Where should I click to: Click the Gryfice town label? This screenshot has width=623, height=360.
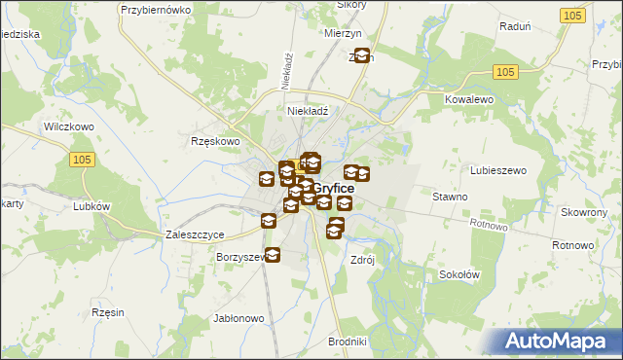333,188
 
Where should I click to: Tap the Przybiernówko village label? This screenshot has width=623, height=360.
153,9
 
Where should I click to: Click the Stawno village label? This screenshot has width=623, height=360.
450,197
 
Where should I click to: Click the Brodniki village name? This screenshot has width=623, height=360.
347,342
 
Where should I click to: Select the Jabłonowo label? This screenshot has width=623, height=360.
238,318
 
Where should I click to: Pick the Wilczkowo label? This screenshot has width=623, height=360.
68,126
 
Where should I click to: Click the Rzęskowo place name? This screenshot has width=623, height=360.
215,141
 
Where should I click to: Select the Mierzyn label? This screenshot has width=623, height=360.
343,32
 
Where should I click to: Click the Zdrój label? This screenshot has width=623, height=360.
362,261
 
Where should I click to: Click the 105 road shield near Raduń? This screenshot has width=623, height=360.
573,16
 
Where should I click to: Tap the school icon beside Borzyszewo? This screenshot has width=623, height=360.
273,256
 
